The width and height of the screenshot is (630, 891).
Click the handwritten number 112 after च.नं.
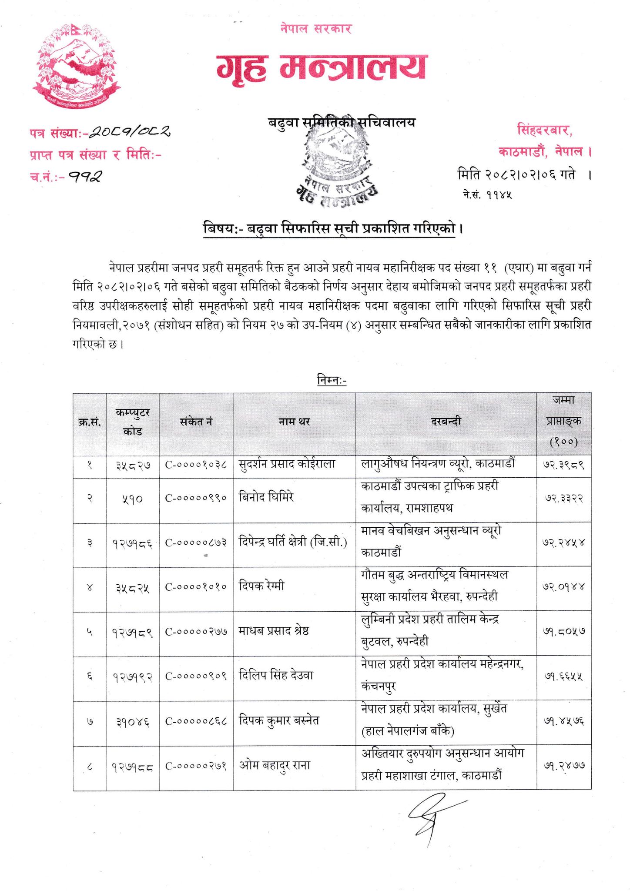pos(87,176)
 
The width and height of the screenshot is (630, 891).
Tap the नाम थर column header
pos(294,421)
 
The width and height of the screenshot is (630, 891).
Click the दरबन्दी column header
pos(446,421)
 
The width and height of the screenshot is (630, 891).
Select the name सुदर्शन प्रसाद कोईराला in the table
pos(287,464)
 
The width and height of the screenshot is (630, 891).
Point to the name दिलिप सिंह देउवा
pos(276,675)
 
